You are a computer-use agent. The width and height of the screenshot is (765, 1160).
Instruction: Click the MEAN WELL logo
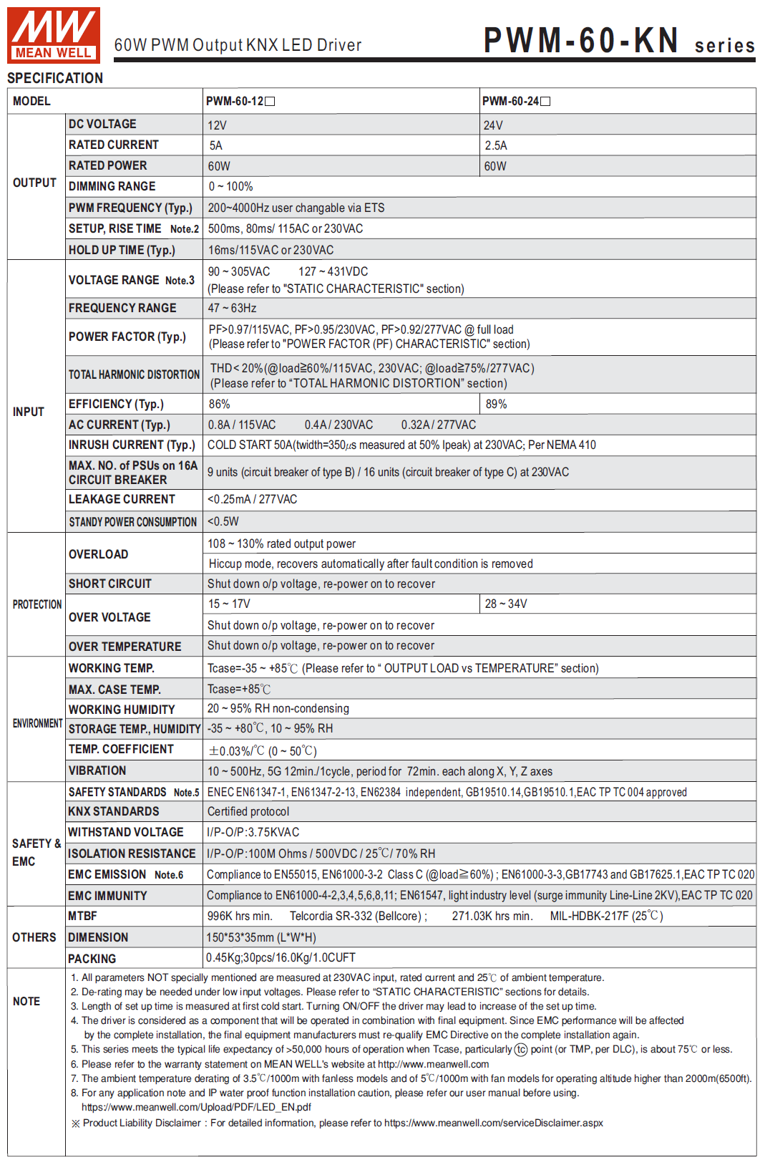(53, 35)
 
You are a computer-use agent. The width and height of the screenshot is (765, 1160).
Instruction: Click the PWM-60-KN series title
(618, 41)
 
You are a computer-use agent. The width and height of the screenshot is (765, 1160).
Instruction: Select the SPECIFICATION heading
(55, 78)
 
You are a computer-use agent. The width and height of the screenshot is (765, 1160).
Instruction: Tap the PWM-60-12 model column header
(240, 101)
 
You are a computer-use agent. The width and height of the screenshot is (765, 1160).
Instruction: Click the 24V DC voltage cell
(493, 125)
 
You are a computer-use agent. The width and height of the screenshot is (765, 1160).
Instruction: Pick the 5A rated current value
(216, 145)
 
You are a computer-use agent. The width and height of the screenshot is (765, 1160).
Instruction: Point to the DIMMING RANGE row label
(112, 186)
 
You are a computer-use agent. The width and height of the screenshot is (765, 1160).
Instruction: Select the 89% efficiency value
(496, 404)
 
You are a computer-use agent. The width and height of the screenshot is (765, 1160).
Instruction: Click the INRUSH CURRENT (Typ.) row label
(132, 445)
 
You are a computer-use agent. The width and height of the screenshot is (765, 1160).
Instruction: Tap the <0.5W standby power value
(223, 521)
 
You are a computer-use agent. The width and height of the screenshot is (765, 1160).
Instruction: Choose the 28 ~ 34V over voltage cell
(506, 604)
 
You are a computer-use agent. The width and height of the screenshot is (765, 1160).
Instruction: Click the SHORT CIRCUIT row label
(109, 584)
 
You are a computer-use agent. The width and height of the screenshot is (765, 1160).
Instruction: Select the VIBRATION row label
(97, 770)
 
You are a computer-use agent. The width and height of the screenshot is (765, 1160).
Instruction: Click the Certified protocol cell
(248, 811)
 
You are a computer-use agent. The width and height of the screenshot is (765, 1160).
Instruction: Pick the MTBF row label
(82, 916)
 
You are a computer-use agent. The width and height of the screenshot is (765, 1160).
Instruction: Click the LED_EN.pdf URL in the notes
(196, 1107)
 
